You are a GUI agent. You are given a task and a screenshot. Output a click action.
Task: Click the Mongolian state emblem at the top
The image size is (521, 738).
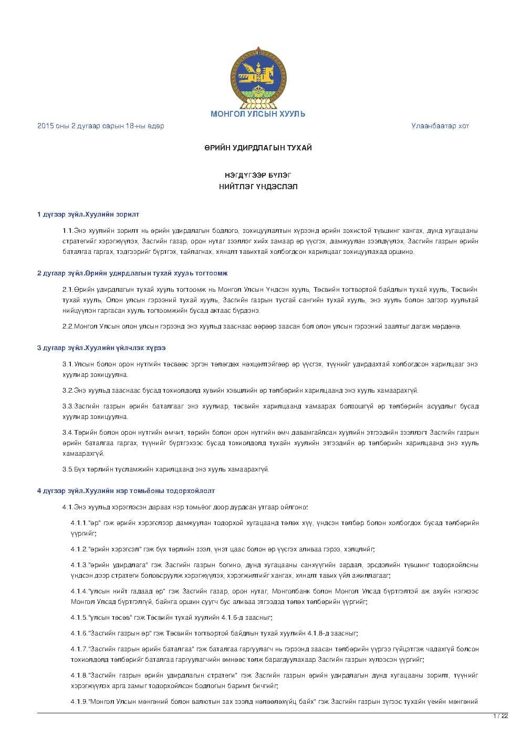point(258,78)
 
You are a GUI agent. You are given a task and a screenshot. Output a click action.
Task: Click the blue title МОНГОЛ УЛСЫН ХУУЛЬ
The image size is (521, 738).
point(258,114)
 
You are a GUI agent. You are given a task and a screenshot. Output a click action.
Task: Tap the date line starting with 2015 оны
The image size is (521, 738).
point(100,126)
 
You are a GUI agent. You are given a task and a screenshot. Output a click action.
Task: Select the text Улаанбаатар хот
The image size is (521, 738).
point(440,126)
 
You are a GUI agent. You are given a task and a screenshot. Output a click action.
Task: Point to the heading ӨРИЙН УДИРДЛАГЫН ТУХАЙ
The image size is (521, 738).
point(258,148)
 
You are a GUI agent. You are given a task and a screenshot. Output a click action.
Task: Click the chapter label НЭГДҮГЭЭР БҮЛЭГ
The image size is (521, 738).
point(258,175)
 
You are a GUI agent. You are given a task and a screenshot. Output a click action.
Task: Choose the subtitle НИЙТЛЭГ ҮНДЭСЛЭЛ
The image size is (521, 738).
point(258,187)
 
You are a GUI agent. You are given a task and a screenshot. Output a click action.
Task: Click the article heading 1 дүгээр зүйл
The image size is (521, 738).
point(88,214)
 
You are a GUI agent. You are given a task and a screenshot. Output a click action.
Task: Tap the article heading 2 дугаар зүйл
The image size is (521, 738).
point(132,273)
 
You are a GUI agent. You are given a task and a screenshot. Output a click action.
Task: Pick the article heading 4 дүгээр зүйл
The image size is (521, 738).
point(126,491)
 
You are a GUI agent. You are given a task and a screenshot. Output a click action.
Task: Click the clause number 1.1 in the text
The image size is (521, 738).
point(67,231)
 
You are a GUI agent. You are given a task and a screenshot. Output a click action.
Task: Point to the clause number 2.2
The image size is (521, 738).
point(67,326)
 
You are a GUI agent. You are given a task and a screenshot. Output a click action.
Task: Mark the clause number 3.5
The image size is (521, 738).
point(67,469)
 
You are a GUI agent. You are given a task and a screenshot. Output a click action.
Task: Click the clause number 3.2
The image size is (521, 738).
point(67,391)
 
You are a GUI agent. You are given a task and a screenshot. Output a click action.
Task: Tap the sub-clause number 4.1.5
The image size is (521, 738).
point(79,618)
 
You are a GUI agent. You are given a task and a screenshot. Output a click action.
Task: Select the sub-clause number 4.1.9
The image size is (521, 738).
point(79,702)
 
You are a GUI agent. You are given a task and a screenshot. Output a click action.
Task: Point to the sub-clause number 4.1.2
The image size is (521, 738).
point(79,549)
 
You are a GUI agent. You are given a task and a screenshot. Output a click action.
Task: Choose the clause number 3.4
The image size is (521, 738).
point(67,433)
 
